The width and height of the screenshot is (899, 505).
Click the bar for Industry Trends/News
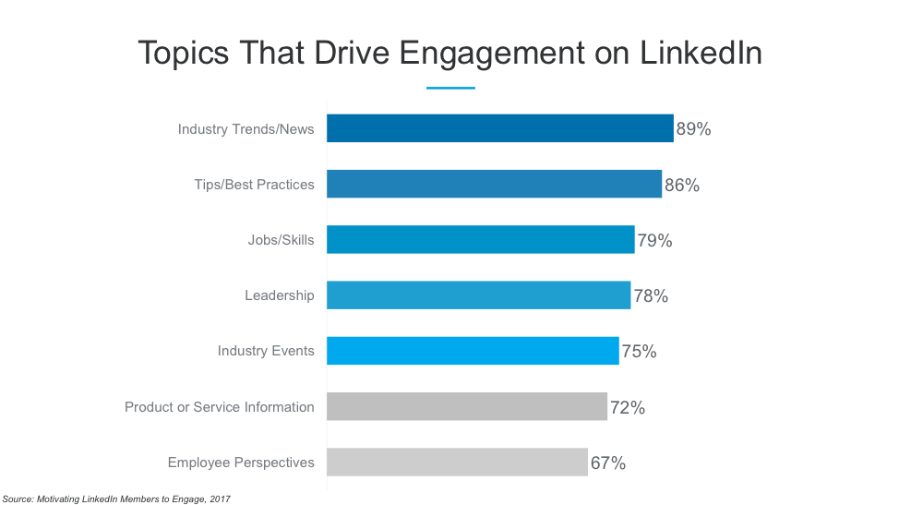click(499, 128)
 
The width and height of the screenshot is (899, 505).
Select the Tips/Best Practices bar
click(494, 184)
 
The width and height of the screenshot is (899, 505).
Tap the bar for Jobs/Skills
click(480, 240)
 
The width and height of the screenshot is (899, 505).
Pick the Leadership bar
click(478, 295)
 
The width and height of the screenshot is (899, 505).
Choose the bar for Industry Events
click(473, 351)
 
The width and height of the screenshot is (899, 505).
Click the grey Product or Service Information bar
click(466, 406)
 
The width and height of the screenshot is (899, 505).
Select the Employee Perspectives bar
click(457, 462)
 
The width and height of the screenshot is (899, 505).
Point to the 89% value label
click(693, 129)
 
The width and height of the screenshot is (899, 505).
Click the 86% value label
click(682, 185)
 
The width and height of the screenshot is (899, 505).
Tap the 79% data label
click(654, 241)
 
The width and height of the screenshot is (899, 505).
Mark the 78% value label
click(651, 296)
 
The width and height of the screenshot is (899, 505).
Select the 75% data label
click(639, 352)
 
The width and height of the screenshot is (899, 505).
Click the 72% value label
click(628, 407)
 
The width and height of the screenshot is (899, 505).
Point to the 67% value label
click(607, 463)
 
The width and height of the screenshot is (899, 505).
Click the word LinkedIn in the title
click(701, 53)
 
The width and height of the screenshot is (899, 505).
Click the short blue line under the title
click(450, 88)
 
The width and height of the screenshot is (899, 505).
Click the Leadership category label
click(279, 295)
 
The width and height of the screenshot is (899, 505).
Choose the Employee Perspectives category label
click(240, 463)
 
